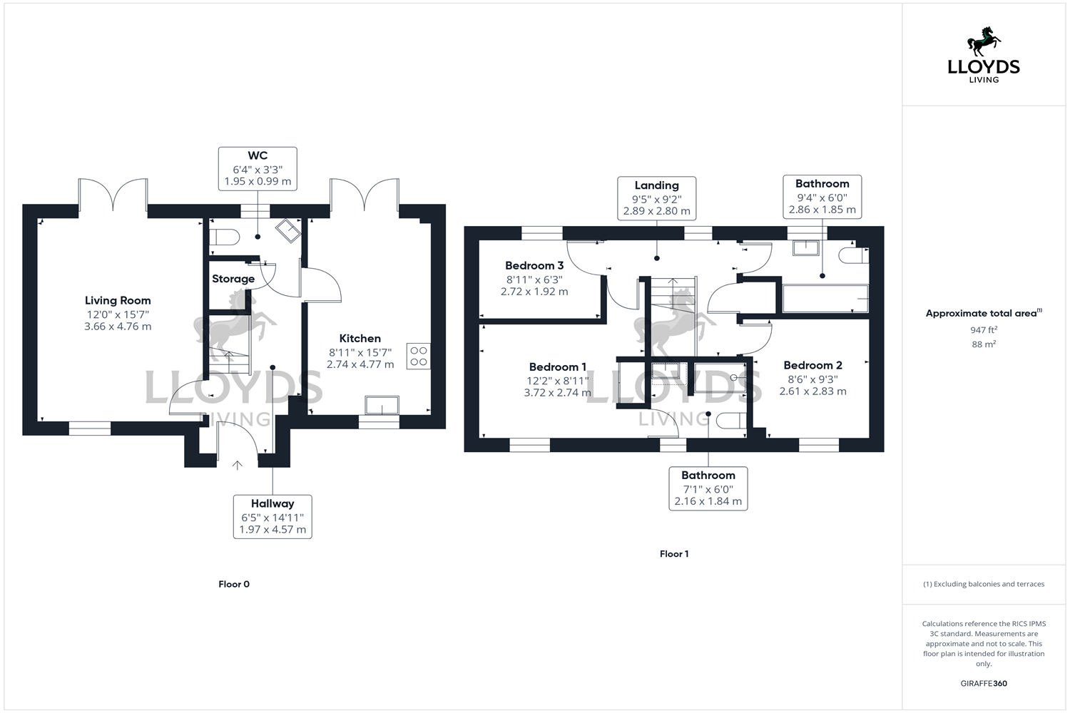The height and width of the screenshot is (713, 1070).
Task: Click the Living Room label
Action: pyautogui.click(x=118, y=301)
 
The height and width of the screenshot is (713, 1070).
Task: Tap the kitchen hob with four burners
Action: pyautogui.click(x=419, y=356)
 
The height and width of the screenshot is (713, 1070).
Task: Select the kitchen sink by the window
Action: pyautogui.click(x=382, y=406)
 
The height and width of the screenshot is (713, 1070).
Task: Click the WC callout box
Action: pyautogui.click(x=258, y=169)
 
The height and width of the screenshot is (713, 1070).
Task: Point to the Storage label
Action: pyautogui.click(x=233, y=279)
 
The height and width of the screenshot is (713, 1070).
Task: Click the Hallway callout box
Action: pyautogui.click(x=272, y=517)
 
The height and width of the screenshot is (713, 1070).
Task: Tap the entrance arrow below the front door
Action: pyautogui.click(x=238, y=466)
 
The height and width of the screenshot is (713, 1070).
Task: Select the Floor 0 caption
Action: pyautogui.click(x=234, y=584)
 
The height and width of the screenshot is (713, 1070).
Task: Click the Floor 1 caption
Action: pyautogui.click(x=674, y=554)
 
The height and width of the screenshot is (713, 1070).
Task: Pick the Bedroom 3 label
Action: pyautogui.click(x=534, y=266)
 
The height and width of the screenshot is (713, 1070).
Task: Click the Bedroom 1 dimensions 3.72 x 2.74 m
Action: pyautogui.click(x=557, y=393)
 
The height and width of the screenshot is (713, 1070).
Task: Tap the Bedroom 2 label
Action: pyautogui.click(x=812, y=366)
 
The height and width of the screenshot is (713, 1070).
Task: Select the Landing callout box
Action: pyautogui.click(x=656, y=198)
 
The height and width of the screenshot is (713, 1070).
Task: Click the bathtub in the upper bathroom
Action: pyautogui.click(x=825, y=299)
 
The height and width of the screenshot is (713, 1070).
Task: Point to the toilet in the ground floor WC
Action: pyautogui.click(x=224, y=237)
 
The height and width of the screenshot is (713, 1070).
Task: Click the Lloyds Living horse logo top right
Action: pyautogui.click(x=984, y=42)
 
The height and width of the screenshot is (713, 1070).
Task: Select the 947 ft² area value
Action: pyautogui.click(x=984, y=330)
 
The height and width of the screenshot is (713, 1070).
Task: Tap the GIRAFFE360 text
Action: pyautogui.click(x=984, y=684)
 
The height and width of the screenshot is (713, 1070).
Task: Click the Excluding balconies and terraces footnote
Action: pyautogui.click(x=984, y=584)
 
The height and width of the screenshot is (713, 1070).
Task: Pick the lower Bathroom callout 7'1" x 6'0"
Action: pyautogui.click(x=708, y=488)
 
